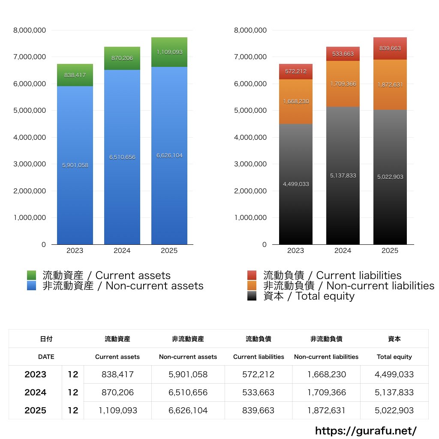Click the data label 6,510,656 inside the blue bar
click(x=122, y=157)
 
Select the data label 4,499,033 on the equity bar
click(x=296, y=184)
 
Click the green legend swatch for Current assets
click(x=31, y=275)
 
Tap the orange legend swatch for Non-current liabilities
click(x=252, y=286)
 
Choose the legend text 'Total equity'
click(x=325, y=296)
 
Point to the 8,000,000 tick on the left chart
click(x=30, y=30)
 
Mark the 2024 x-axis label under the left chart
click(x=122, y=251)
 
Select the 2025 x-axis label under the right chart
click(x=390, y=251)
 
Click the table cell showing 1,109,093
click(x=118, y=410)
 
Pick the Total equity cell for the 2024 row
click(x=394, y=392)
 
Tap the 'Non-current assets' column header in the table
click(x=188, y=357)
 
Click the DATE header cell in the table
click(x=46, y=357)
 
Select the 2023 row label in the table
click(x=36, y=374)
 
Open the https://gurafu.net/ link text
click(x=366, y=430)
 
